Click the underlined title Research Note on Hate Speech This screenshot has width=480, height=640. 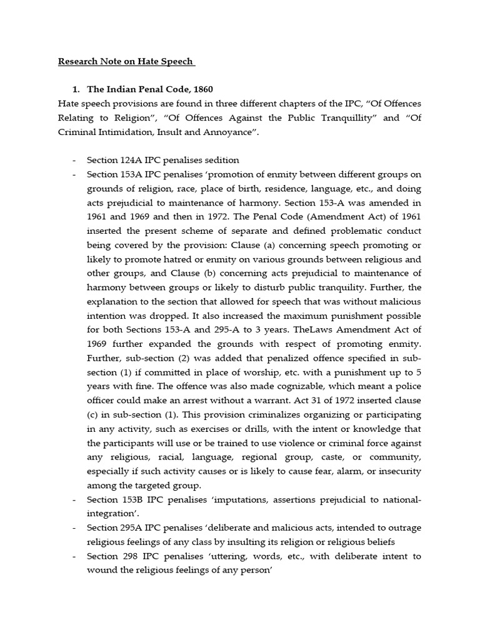pos(127,62)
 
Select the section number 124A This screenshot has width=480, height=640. pos(131,159)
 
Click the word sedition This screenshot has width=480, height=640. pos(221,159)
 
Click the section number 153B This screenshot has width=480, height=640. pos(131,500)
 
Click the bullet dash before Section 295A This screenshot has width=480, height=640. pos(75,528)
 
